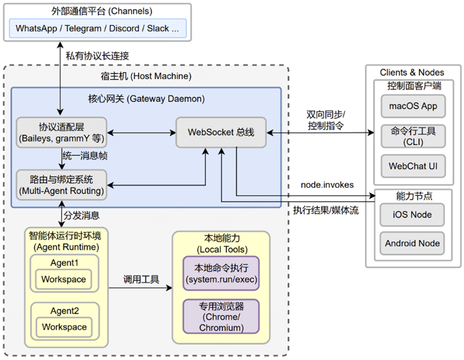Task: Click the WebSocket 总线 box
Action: point(221,132)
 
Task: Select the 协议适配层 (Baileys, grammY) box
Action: point(61,132)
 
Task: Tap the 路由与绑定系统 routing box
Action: point(61,185)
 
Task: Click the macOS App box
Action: point(413,106)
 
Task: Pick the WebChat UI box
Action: point(413,166)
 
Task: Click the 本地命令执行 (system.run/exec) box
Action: point(221,273)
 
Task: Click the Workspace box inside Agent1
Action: point(64,280)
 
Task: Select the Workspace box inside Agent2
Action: point(64,327)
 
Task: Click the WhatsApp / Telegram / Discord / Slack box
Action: point(98,28)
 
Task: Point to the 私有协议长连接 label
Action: point(98,55)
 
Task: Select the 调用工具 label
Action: point(141,280)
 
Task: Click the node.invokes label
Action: point(327,185)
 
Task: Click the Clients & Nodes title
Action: point(412,72)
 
